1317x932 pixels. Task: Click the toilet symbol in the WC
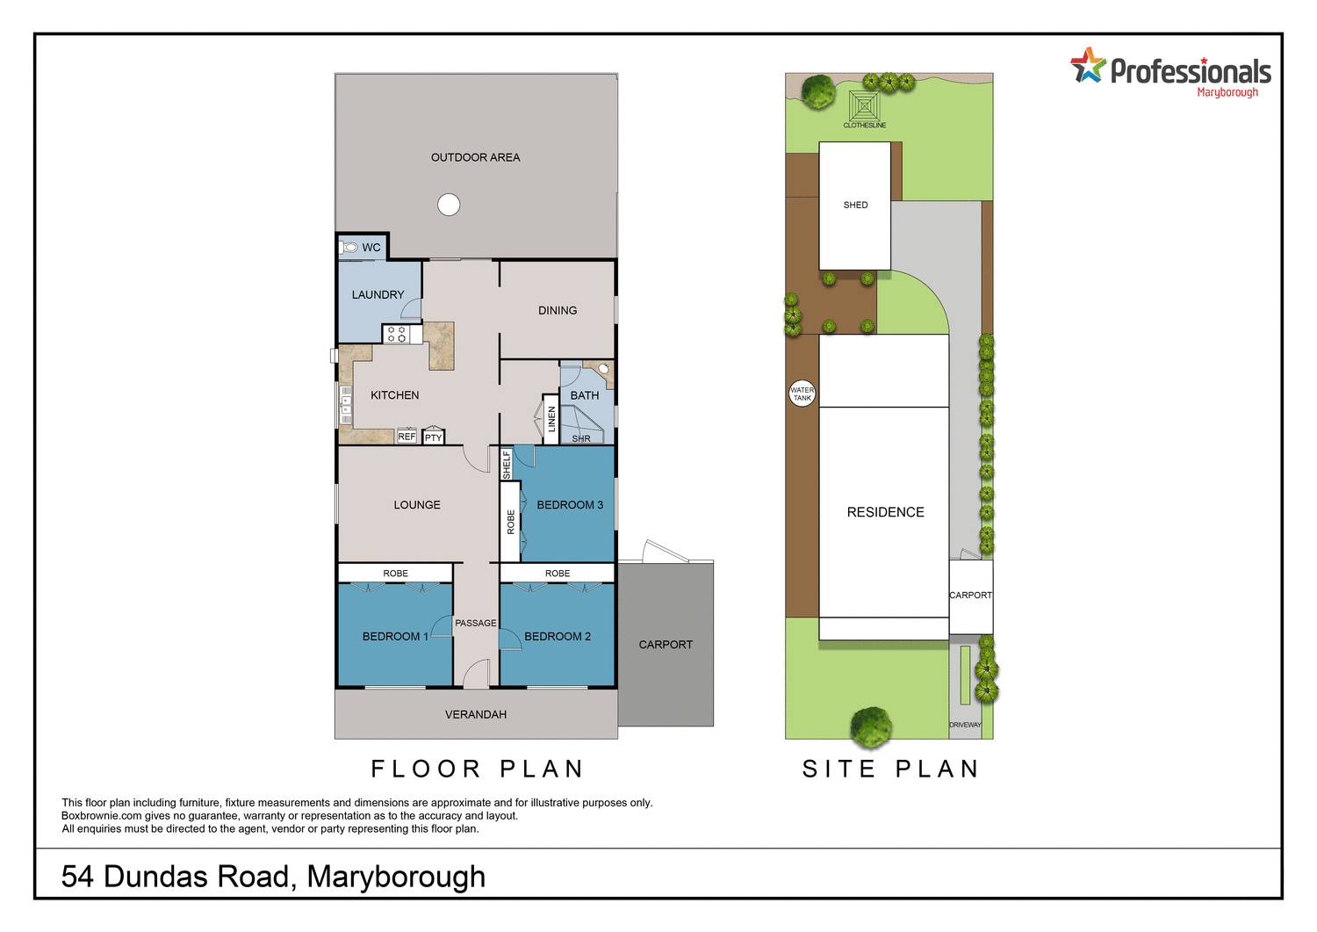[x=349, y=248]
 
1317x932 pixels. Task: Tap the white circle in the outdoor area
[x=449, y=205]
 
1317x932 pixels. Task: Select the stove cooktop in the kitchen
[x=396, y=334]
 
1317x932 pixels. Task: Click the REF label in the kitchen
[x=407, y=437]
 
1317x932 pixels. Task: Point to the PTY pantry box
[x=434, y=437]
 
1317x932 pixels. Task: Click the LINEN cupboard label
[x=551, y=419]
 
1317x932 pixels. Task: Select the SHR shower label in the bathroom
[x=581, y=438]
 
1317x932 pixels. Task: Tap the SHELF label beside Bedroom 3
[x=507, y=465]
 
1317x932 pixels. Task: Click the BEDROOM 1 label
[x=395, y=636]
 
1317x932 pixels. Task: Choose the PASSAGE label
[x=476, y=623]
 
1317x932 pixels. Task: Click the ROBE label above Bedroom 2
[x=558, y=574]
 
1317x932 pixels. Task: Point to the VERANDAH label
[x=476, y=714]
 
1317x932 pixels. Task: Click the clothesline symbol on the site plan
[x=865, y=107]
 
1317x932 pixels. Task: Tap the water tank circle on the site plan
[x=802, y=394]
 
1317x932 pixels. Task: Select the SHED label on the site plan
[x=855, y=205]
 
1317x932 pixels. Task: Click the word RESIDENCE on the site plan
[x=885, y=512]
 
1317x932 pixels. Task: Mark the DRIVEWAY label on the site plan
[x=965, y=725]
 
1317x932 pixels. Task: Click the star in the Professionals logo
[x=1088, y=66]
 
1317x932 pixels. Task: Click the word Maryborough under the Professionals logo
[x=1227, y=92]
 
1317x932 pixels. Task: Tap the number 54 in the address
[x=77, y=876]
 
